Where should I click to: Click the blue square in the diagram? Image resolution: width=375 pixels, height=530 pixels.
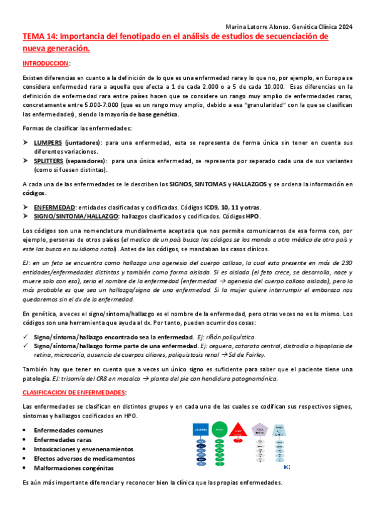[203, 413]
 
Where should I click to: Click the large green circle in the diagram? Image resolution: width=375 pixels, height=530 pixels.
[219, 412]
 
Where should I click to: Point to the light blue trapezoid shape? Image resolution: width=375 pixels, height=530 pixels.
[280, 412]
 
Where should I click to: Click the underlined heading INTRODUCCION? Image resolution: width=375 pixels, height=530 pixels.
[46, 64]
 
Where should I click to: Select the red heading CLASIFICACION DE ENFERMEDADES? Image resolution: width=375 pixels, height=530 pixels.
[73, 374]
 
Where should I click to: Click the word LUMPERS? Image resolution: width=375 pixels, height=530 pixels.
[48, 143]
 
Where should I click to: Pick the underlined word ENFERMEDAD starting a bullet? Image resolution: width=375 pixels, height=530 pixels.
[54, 207]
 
